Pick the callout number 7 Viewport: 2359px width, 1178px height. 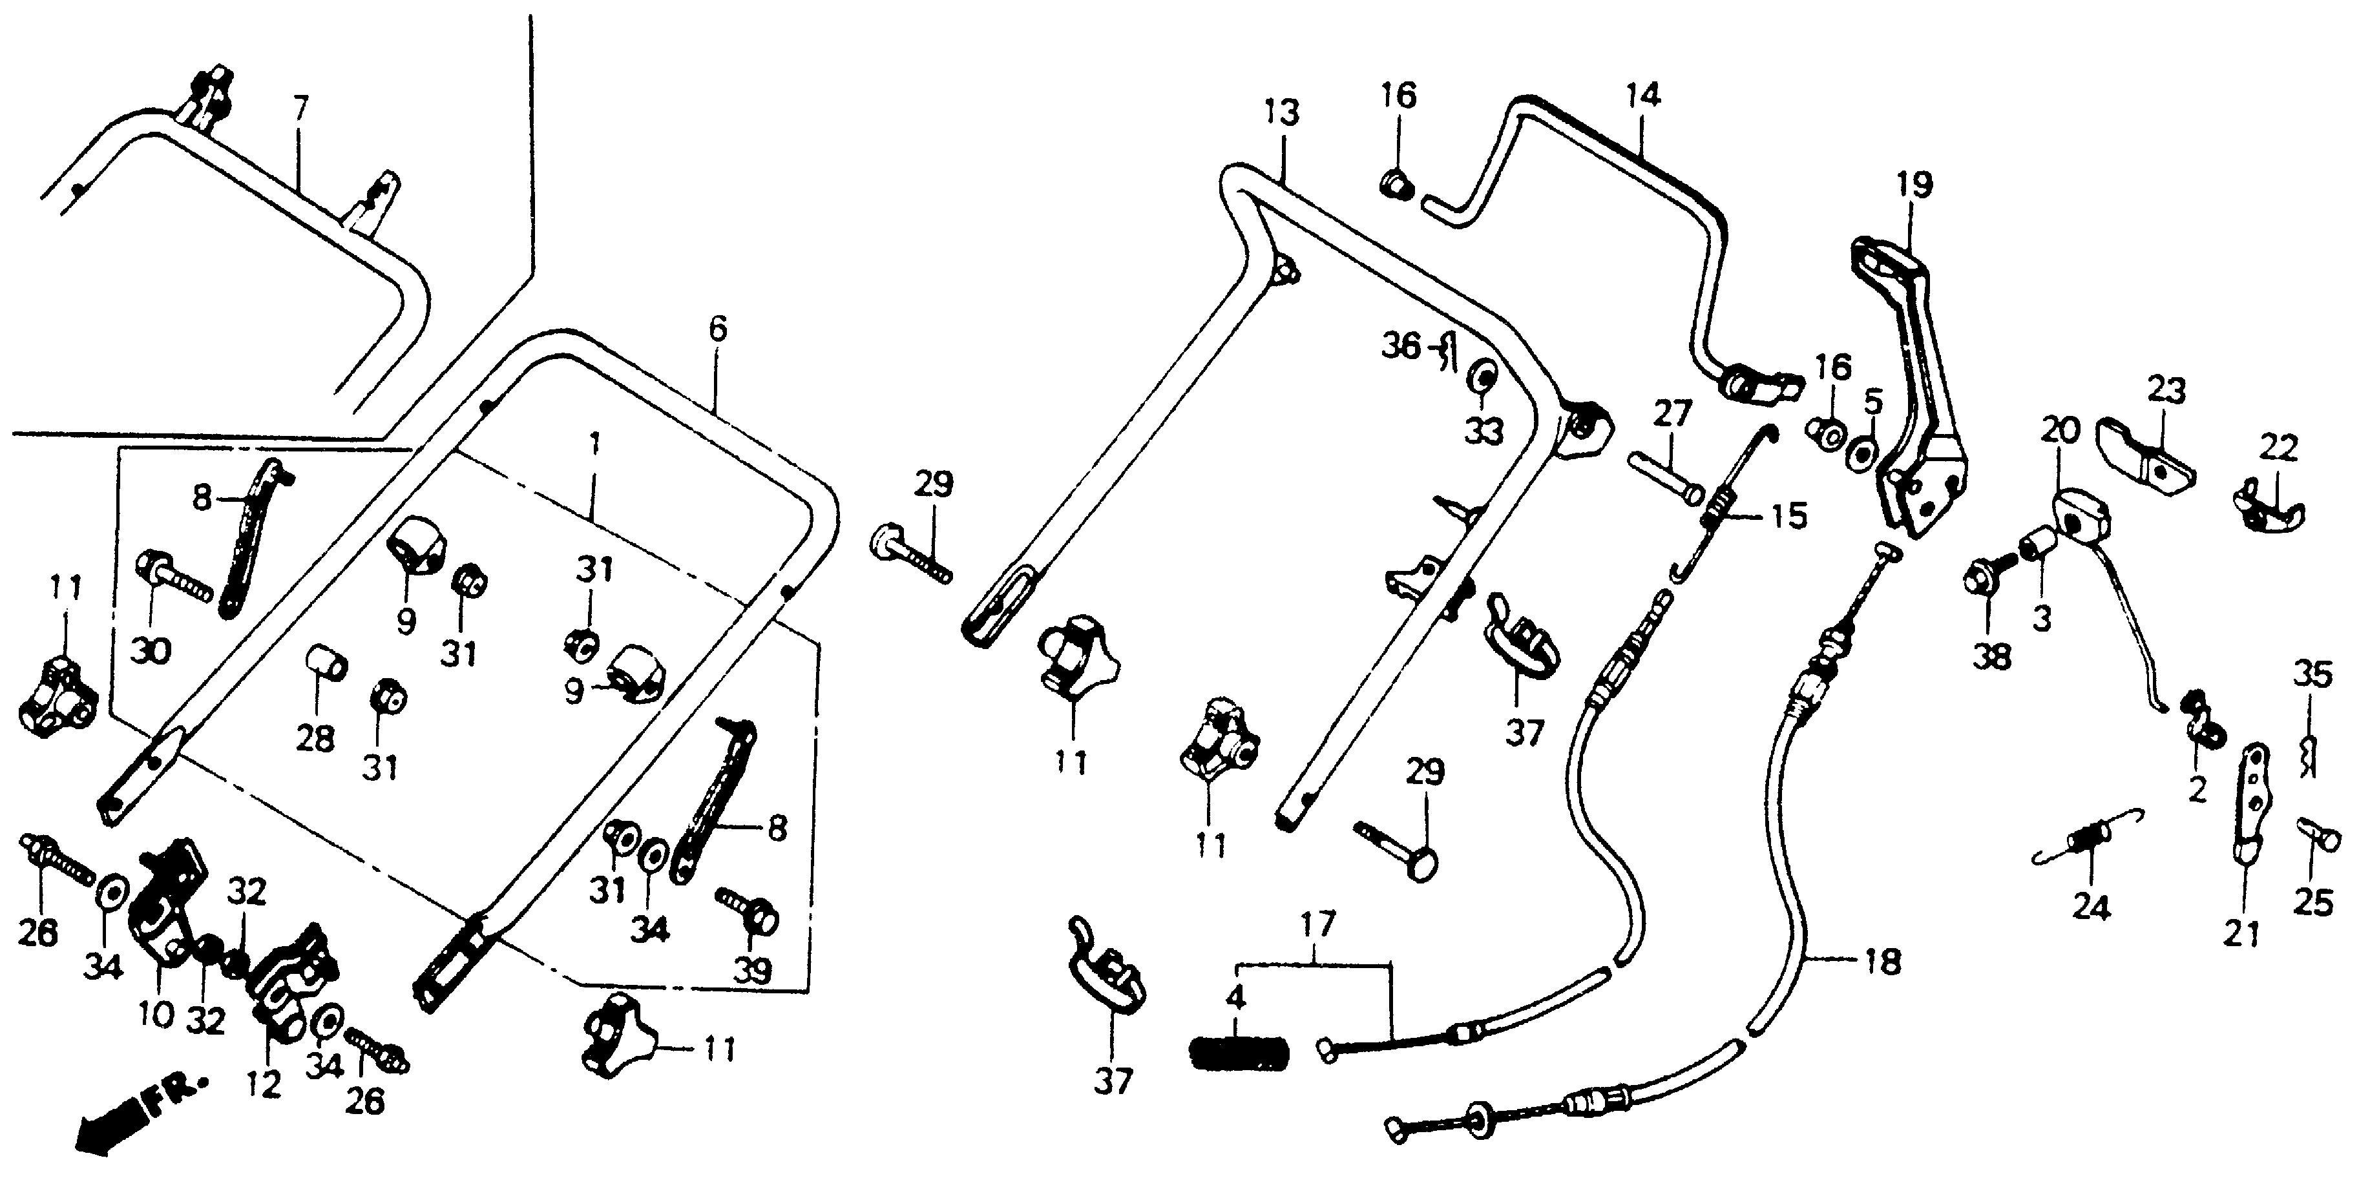(301, 112)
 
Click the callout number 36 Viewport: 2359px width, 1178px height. (1401, 348)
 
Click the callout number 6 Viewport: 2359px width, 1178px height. (717, 329)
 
